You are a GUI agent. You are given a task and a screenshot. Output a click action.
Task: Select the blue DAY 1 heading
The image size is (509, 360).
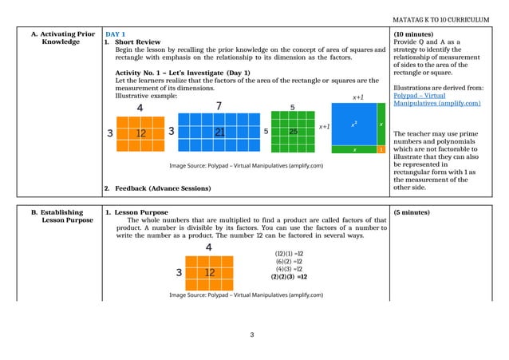pyautogui.click(x=116, y=34)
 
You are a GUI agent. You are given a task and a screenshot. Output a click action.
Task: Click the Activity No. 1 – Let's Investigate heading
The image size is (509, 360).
pyautogui.click(x=183, y=73)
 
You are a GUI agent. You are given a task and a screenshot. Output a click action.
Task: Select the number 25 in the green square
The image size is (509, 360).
pyautogui.click(x=294, y=131)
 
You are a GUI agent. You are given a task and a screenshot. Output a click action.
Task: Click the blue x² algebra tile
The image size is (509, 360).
pyautogui.click(x=355, y=125)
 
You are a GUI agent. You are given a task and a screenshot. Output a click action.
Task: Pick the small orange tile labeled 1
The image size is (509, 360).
pyautogui.click(x=381, y=149)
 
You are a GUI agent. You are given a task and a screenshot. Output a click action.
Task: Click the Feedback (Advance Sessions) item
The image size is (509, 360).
pyautogui.click(x=163, y=188)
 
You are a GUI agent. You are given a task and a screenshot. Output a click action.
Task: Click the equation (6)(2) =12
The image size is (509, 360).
pyautogui.click(x=289, y=261)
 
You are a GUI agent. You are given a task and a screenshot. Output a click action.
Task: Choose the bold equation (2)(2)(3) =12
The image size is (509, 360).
pyautogui.click(x=290, y=277)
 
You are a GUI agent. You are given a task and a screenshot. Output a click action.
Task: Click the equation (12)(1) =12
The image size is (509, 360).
pyautogui.click(x=289, y=253)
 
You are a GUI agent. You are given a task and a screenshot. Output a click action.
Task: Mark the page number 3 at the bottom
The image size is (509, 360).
pyautogui.click(x=252, y=334)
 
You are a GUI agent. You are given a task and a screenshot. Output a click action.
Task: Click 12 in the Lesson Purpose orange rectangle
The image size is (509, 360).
pyautogui.click(x=210, y=273)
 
